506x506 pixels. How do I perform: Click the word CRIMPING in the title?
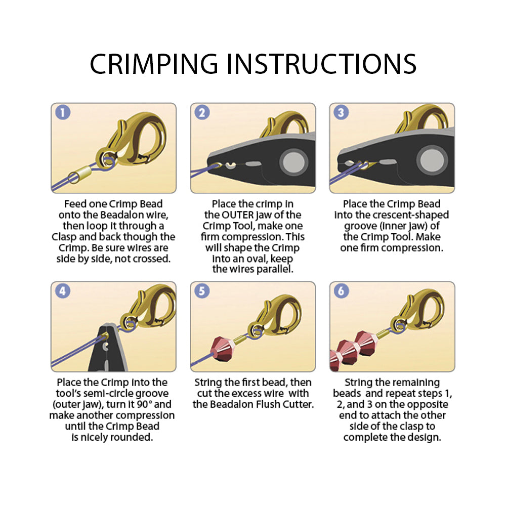[154, 64]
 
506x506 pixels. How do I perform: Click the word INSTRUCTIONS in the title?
[321, 64]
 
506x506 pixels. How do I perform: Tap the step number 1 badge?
[63, 112]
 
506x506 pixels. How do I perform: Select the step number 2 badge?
[202, 112]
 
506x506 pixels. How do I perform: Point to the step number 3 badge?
[341, 112]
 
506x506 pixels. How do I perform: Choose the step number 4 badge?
[63, 291]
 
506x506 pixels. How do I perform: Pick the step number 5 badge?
[202, 291]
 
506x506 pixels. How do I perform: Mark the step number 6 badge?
[341, 291]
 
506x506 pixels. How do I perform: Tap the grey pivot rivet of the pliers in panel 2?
[293, 162]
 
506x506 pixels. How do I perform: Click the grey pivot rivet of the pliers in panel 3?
[432, 160]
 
